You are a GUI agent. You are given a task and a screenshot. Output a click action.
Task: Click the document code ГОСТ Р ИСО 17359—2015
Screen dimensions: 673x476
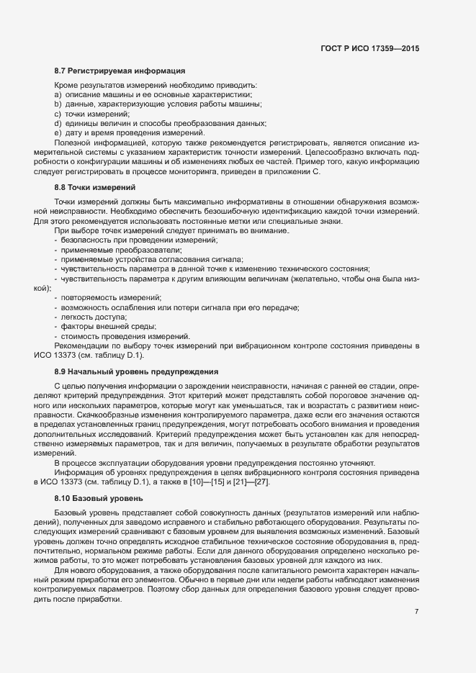(x=369, y=49)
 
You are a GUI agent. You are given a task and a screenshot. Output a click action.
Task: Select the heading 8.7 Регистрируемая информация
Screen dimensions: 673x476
(x=120, y=71)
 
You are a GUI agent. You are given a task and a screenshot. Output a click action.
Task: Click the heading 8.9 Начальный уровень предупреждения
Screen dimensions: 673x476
(x=136, y=372)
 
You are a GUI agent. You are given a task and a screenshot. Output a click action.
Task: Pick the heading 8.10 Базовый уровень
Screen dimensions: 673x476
(x=99, y=497)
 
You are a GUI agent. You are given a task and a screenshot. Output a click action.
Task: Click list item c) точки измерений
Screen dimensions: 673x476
(x=91, y=114)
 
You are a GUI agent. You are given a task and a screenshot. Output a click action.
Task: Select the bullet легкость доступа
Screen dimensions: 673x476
(x=91, y=317)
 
